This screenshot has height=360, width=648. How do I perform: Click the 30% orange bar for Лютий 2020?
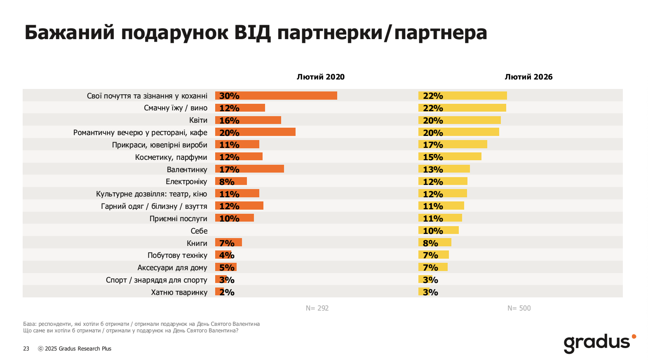click(276, 96)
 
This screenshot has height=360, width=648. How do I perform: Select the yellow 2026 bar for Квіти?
click(460, 120)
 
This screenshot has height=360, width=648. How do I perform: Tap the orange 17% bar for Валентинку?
click(249, 169)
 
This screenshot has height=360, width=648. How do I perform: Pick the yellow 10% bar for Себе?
click(439, 230)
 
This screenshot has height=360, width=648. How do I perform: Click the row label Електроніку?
click(186, 182)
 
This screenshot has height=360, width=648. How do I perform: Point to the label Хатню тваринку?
click(179, 292)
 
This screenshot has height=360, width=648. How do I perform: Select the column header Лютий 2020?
click(321, 77)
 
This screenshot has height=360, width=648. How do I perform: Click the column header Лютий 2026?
click(528, 77)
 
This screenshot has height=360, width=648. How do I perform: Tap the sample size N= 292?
click(317, 308)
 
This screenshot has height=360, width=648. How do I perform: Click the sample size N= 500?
click(519, 308)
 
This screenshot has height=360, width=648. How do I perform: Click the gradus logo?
click(597, 343)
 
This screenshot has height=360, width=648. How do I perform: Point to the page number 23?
click(26, 348)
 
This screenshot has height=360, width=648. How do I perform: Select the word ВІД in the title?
click(252, 32)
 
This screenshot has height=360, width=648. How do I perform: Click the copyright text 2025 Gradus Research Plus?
click(78, 348)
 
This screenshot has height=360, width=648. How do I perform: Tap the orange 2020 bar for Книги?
click(228, 243)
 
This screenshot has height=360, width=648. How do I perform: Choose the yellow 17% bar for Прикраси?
click(453, 145)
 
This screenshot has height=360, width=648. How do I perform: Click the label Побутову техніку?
click(177, 255)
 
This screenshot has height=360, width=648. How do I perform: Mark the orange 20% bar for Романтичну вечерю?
click(255, 132)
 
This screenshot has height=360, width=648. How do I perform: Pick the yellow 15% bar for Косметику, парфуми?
click(450, 157)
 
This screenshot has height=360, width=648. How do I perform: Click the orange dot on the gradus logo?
click(634, 337)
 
